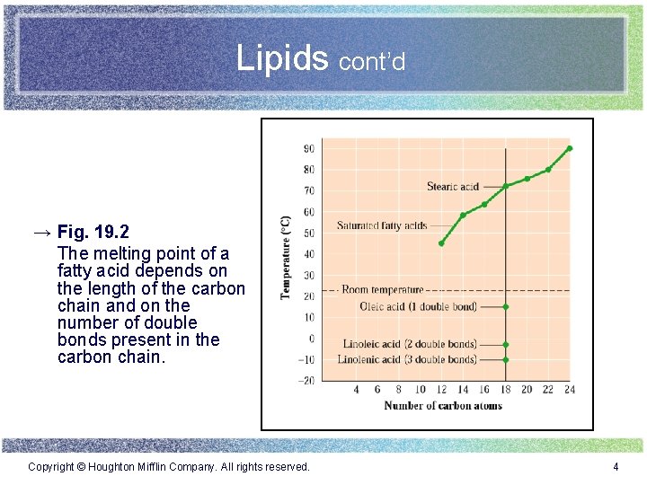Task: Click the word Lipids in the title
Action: coord(282,58)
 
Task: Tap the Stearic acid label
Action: coord(453,187)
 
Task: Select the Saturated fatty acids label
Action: coord(382,225)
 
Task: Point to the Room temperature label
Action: coord(382,290)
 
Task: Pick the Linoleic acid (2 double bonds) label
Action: coord(410,344)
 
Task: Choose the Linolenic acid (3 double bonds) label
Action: coord(407,360)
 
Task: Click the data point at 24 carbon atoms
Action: coord(570,148)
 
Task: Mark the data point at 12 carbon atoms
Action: coord(441,243)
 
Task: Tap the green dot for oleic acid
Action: coord(506,307)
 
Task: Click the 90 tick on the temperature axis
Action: coord(308,149)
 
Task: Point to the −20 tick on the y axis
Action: coord(306,381)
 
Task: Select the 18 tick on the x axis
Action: coord(506,390)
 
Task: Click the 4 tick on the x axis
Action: coord(356,390)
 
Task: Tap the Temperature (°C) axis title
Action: coord(286,258)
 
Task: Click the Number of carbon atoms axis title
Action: coord(443,406)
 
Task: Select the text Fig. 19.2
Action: coord(93,233)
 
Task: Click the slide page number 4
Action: coord(616,467)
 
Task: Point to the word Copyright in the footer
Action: coord(51,467)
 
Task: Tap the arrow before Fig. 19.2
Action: coord(42,233)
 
